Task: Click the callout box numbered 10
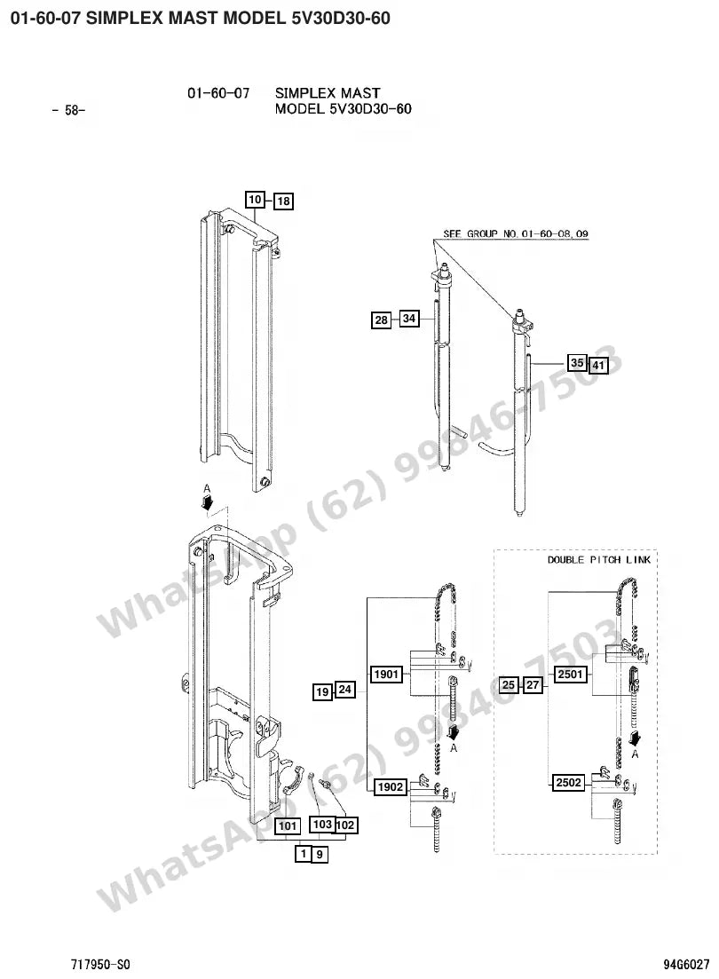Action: (x=255, y=200)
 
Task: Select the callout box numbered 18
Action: (x=283, y=201)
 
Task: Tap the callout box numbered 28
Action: (x=381, y=320)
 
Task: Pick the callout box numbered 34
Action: (x=409, y=319)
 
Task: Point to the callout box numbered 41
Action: (x=598, y=366)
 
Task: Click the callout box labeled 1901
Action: (x=386, y=675)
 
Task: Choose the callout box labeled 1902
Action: (x=391, y=786)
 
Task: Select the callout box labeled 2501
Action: (x=571, y=675)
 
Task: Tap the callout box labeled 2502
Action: (x=569, y=782)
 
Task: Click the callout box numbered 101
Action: (x=288, y=826)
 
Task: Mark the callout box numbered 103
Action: (x=322, y=825)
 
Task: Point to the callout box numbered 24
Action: (x=344, y=690)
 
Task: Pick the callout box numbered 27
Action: (x=533, y=685)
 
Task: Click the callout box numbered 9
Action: (x=320, y=854)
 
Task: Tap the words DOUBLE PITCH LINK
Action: (x=599, y=559)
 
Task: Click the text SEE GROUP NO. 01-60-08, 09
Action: (x=516, y=233)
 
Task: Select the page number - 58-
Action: (x=68, y=111)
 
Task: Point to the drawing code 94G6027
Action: (x=686, y=965)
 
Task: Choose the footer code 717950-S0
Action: (x=100, y=965)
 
